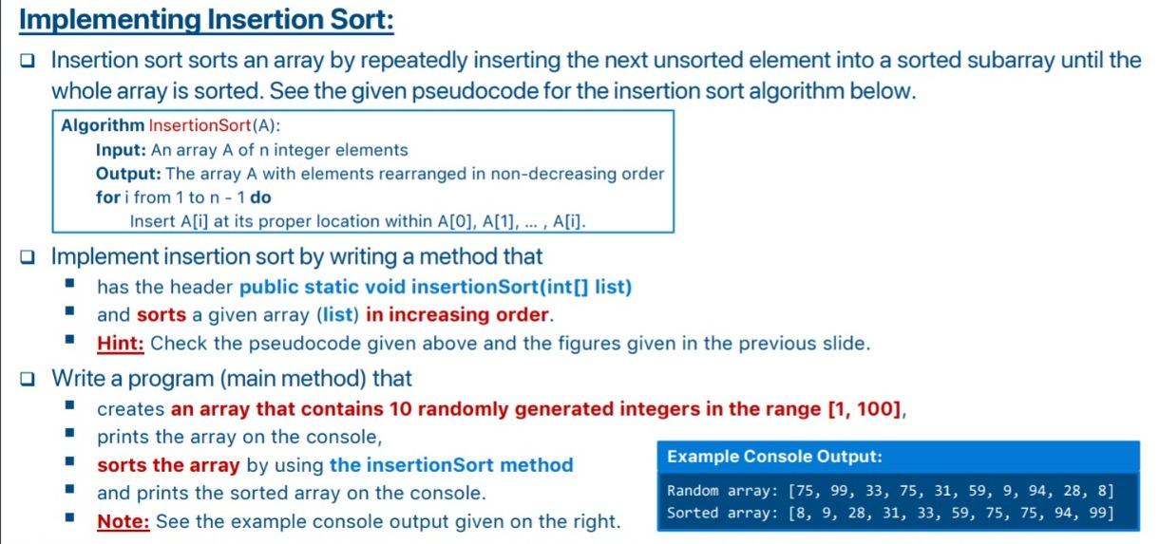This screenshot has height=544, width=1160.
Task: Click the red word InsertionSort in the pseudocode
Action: (200, 125)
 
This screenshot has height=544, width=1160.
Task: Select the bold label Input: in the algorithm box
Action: (122, 150)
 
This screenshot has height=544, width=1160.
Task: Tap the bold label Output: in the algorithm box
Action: (128, 174)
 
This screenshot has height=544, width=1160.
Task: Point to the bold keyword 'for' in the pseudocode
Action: (107, 197)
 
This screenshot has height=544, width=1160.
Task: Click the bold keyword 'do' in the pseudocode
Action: (260, 197)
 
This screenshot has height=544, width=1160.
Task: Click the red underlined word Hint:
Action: (120, 343)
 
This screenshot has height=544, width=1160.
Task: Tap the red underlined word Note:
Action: (124, 521)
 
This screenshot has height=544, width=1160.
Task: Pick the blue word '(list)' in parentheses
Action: (337, 314)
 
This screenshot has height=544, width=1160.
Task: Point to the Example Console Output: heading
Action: (774, 457)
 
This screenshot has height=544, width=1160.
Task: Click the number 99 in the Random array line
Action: (841, 491)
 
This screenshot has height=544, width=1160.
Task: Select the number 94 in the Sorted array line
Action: (1063, 513)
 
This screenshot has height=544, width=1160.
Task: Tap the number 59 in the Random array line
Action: (977, 491)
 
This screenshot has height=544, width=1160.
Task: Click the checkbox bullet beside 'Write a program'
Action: (28, 379)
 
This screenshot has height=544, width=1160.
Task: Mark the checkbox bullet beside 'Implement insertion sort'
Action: (28, 256)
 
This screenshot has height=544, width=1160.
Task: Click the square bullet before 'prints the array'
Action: (70, 433)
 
